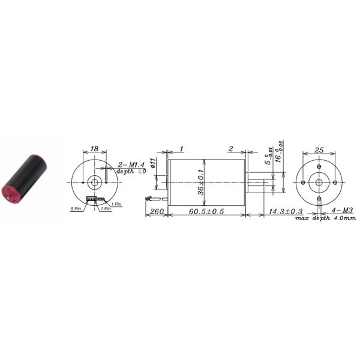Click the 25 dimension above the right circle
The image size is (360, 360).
pyautogui.click(x=319, y=150)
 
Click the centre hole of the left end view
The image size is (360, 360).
pyautogui.click(x=94, y=182)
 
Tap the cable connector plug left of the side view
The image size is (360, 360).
pyautogui.click(x=148, y=197)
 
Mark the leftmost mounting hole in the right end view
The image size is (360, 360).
pyautogui.click(x=304, y=182)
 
